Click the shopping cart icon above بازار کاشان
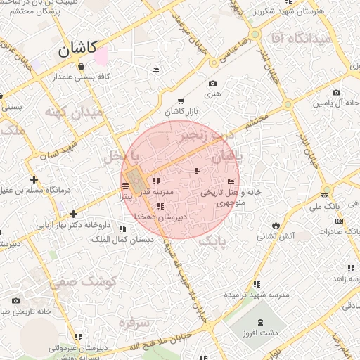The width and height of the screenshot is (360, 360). pos(181,101)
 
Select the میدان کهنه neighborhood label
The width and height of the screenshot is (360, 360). pos(73,112)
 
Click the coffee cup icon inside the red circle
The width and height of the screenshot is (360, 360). pos(197,171)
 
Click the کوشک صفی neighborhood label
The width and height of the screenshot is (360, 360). pos(77,283)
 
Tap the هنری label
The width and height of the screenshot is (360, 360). pos(212,92)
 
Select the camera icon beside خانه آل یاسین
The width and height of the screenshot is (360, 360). pos(336,93)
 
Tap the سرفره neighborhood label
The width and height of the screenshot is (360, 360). pos(136,324)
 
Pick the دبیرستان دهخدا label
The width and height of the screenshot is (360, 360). pos(161,218)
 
